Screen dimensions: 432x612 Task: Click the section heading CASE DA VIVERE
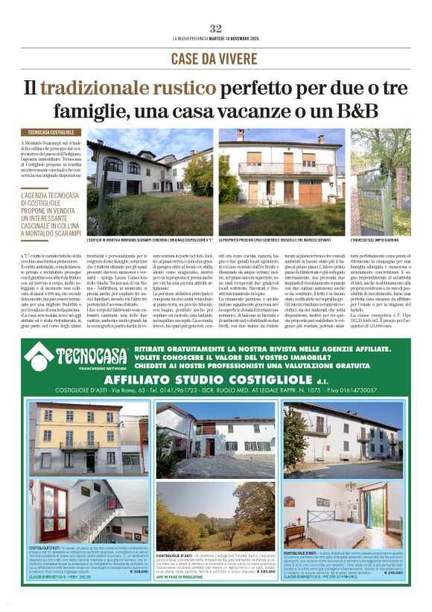coord(215,59)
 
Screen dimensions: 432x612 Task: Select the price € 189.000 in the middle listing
coord(264,573)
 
